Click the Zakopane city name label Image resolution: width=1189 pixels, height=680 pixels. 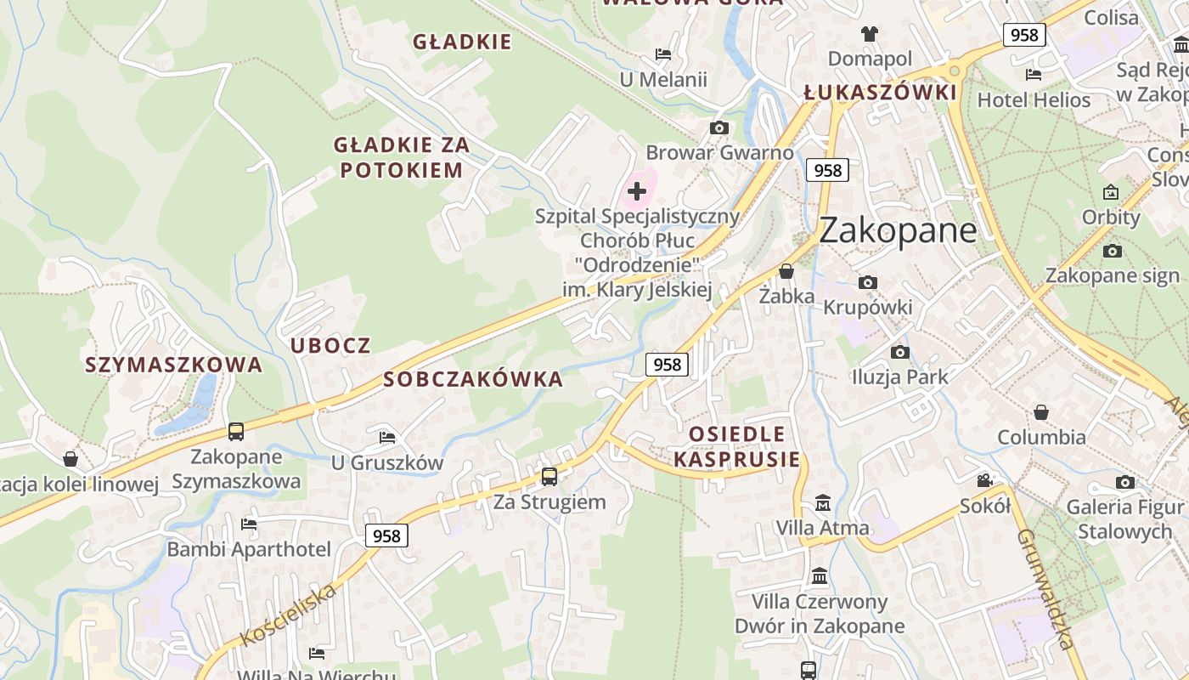click(x=899, y=230)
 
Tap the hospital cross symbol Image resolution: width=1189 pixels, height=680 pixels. click(x=636, y=190)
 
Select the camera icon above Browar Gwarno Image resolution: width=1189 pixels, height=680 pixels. click(x=719, y=127)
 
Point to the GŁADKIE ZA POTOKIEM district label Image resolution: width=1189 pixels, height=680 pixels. click(x=402, y=157)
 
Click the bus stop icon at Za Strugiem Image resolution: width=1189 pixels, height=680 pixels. click(x=549, y=476)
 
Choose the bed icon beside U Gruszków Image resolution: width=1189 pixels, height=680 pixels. click(x=387, y=438)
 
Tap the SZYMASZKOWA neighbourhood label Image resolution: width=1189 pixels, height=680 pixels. click(x=173, y=365)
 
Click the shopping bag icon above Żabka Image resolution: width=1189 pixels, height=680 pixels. click(x=786, y=271)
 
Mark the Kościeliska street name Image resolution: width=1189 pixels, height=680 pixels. click(x=290, y=614)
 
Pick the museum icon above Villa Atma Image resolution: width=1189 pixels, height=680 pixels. click(x=822, y=502)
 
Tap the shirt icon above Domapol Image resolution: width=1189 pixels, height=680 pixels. click(x=870, y=34)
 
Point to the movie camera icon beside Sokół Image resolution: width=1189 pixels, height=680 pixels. click(x=984, y=480)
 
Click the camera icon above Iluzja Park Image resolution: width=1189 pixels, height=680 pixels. click(x=900, y=352)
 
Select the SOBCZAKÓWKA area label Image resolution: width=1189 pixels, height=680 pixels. click(x=473, y=379)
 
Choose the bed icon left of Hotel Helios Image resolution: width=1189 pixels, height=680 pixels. click(x=1034, y=75)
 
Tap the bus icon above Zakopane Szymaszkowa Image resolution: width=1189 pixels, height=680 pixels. click(x=236, y=432)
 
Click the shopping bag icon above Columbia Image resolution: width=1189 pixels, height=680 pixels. click(x=1041, y=412)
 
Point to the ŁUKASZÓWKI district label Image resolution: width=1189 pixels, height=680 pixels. click(x=880, y=93)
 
